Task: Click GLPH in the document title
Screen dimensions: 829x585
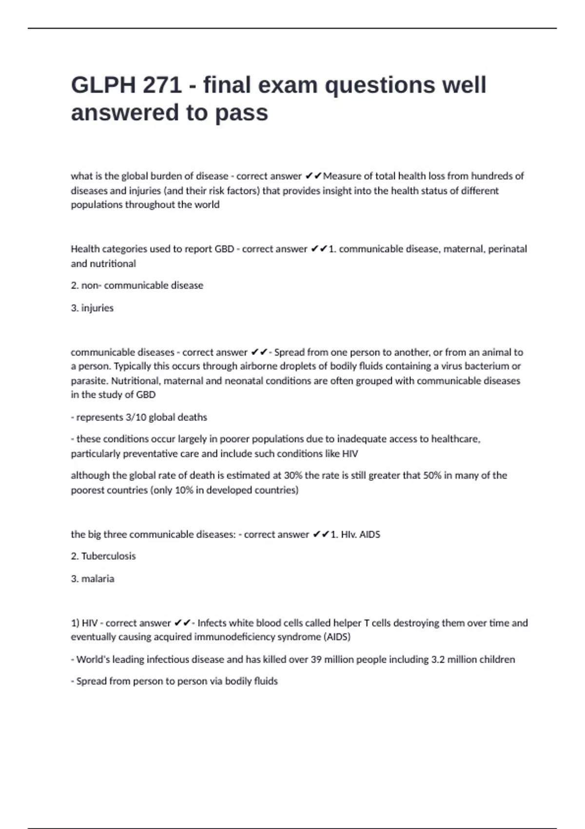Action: point(103,85)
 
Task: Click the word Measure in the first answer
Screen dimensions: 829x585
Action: point(342,176)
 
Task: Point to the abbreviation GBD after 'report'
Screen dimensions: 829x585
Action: point(224,249)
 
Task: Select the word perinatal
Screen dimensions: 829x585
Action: point(507,249)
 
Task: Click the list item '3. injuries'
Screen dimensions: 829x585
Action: point(92,308)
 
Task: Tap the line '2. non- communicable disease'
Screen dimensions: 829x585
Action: point(137,285)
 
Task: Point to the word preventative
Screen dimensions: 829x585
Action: point(151,454)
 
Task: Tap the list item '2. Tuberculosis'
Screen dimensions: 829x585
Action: point(103,556)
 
